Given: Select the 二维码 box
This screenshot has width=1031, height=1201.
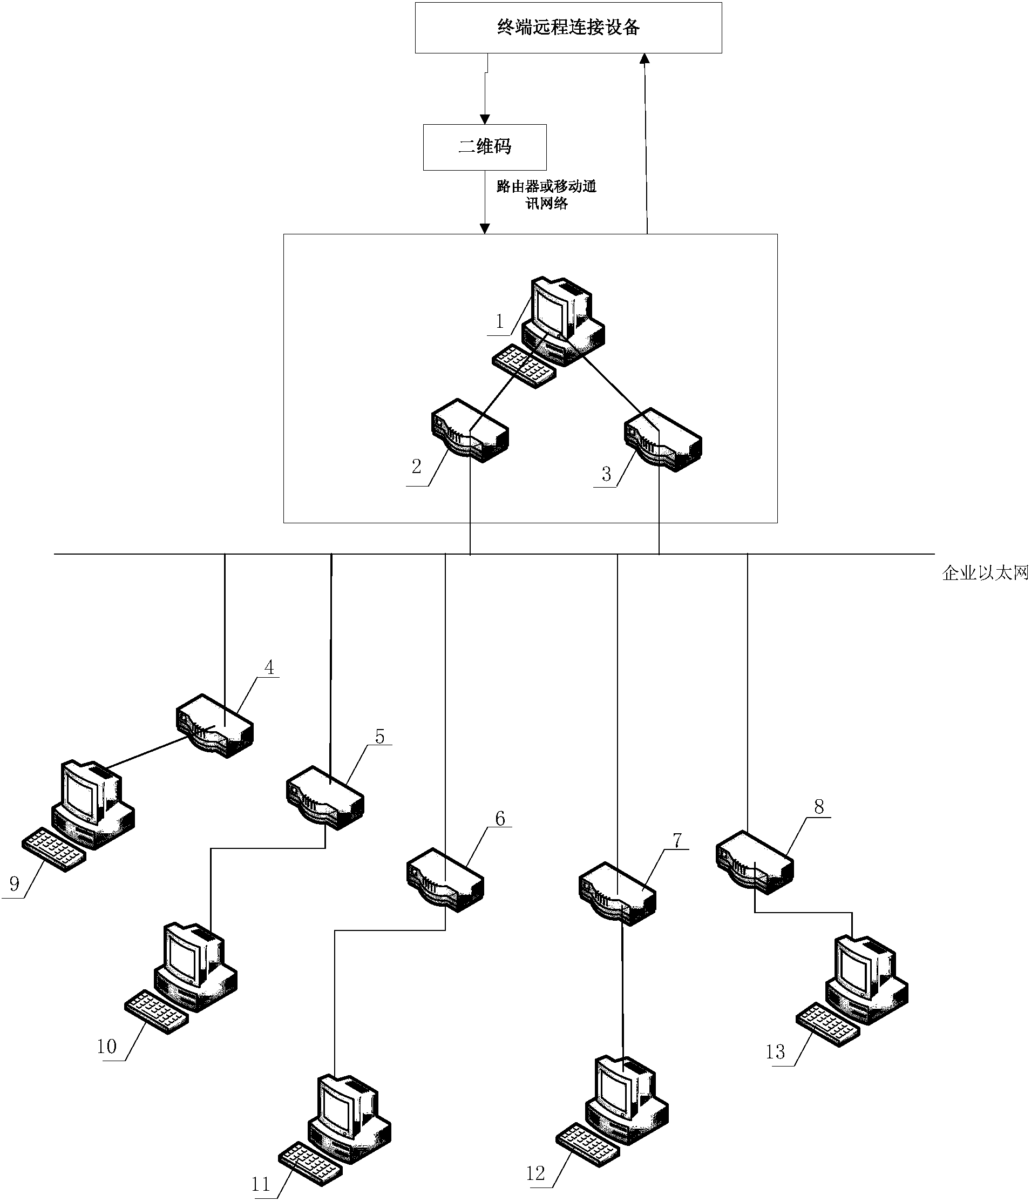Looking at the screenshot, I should (x=485, y=147).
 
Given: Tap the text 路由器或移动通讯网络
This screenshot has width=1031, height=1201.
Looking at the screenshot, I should (x=546, y=195).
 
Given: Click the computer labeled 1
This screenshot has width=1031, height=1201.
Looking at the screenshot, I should (x=562, y=322).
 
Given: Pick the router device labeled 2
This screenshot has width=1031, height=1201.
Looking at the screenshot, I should (x=470, y=431).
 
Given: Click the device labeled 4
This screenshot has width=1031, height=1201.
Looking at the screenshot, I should (x=214, y=726).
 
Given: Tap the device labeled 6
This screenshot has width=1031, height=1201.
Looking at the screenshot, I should (x=445, y=880).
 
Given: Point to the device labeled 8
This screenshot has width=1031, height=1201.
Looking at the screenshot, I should (x=754, y=862).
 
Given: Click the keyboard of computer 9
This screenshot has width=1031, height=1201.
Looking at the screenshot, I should (x=53, y=850).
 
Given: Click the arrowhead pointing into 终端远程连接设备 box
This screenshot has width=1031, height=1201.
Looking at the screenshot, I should (x=645, y=58).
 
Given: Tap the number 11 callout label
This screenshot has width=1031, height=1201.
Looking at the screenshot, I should (x=260, y=1184).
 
